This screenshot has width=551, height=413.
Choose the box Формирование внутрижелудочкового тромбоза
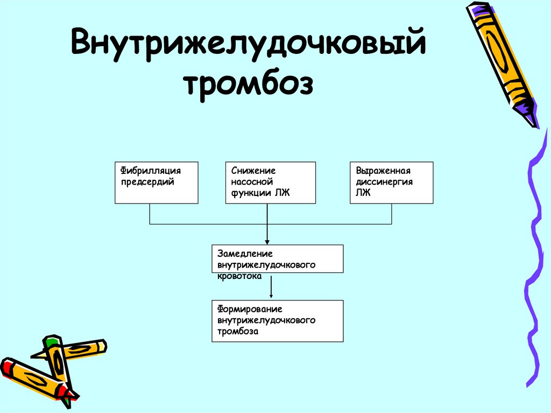(x=278, y=321)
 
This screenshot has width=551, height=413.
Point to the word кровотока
(x=239, y=276)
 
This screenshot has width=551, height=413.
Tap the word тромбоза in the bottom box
(x=238, y=332)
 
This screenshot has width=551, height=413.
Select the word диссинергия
(x=384, y=182)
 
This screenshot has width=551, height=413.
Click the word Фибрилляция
(x=150, y=171)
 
